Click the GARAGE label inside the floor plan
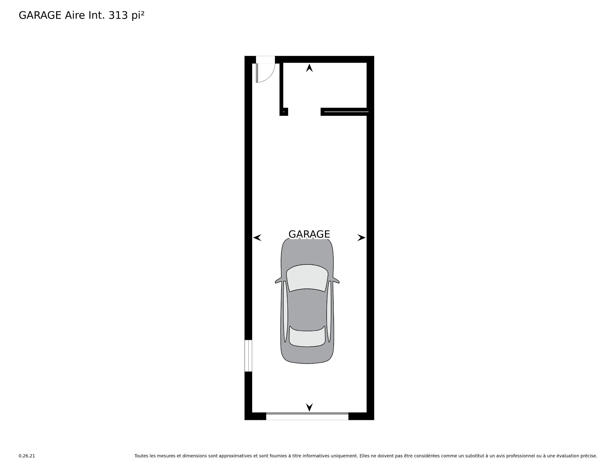[309, 234]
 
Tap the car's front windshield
[307, 278]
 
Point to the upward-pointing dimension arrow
[309, 68]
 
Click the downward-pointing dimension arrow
[309, 407]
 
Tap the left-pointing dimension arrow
[257, 238]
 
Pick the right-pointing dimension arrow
[362, 238]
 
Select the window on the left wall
[248, 356]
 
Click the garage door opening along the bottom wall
[307, 416]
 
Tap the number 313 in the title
[118, 15]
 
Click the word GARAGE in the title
[40, 15]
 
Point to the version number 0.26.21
[27, 456]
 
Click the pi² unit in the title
[138, 16]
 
